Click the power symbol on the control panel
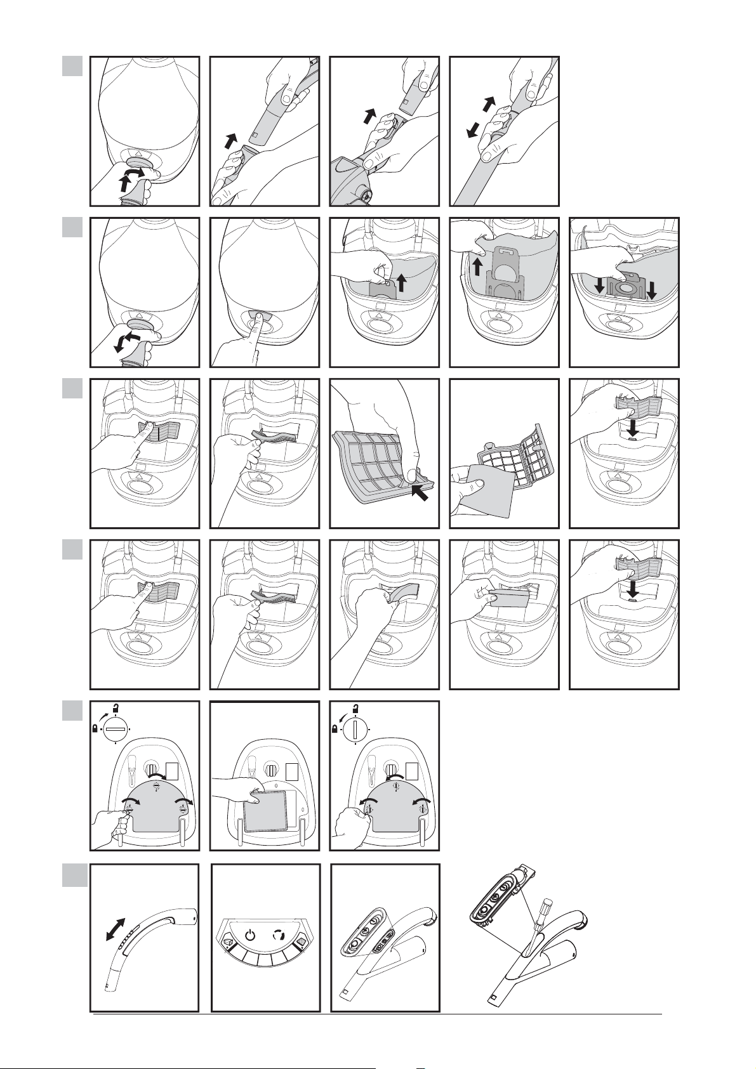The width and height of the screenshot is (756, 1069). coord(251,935)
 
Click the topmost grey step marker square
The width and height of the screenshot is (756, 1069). coord(73,66)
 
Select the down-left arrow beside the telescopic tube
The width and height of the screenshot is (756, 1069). coord(470,131)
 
